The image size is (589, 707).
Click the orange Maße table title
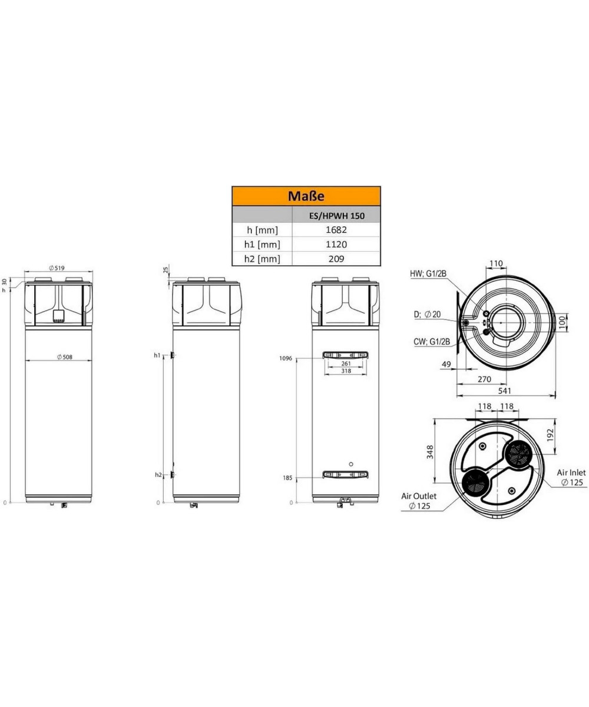point(306,196)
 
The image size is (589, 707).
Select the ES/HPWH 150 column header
point(336,216)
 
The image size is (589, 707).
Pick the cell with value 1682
point(336,230)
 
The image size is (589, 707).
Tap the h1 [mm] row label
point(262,245)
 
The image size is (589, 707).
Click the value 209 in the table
point(336,259)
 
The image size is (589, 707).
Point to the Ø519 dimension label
point(57,268)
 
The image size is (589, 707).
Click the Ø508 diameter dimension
point(65,357)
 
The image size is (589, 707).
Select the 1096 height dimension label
point(285,358)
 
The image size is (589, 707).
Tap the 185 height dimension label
point(287,478)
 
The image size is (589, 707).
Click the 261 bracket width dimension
point(346,364)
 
